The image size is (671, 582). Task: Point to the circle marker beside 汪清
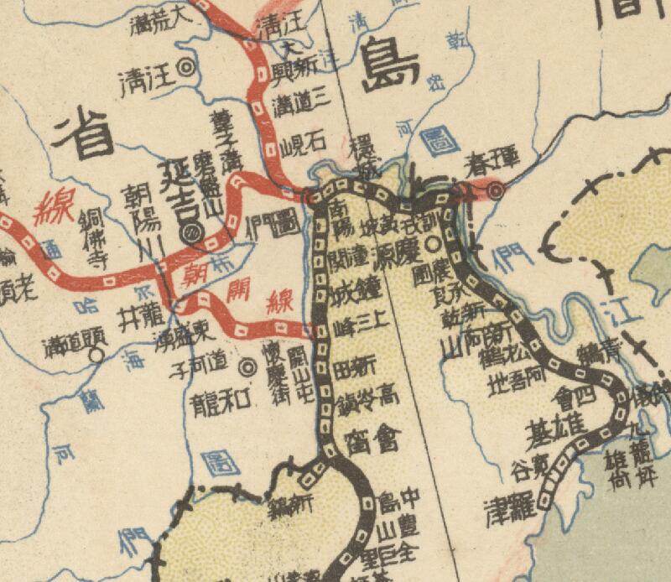click(188, 65)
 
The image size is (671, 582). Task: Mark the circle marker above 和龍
click(247, 366)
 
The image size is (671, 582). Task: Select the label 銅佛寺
click(91, 236)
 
